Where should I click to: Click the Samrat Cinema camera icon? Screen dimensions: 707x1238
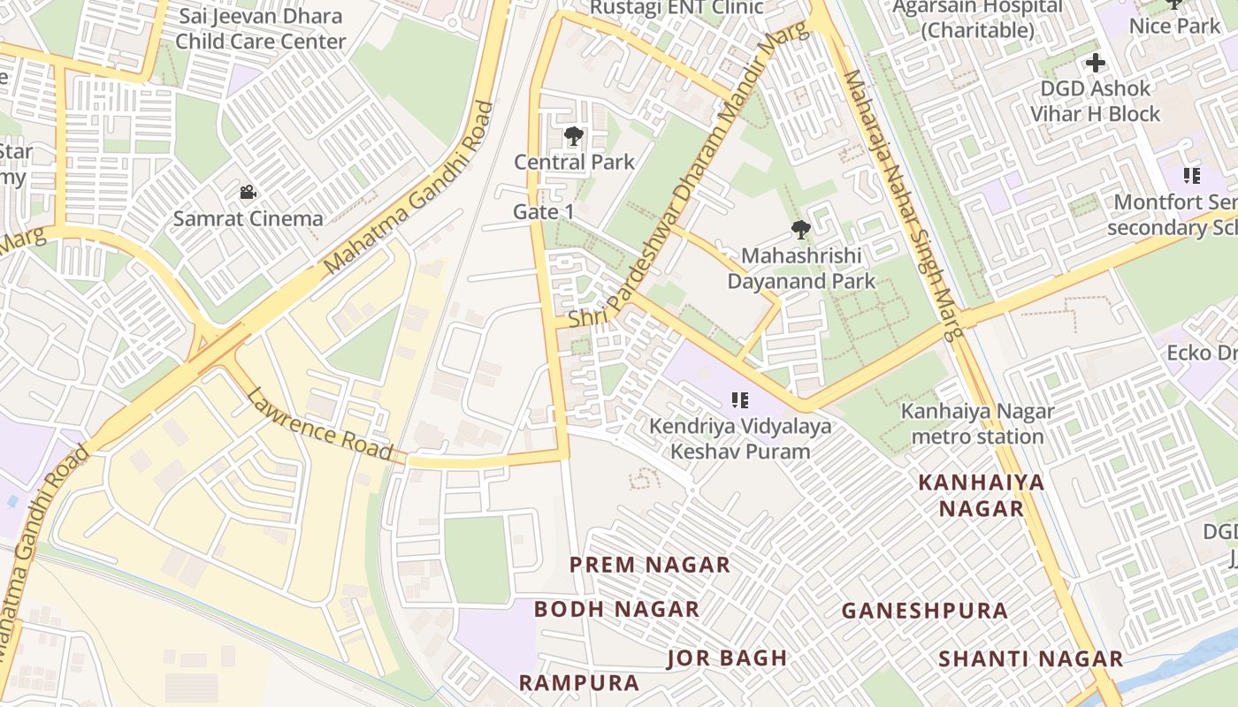(x=248, y=192)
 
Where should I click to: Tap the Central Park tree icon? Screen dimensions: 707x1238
(x=573, y=136)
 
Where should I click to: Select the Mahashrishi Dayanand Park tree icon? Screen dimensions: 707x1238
(x=800, y=230)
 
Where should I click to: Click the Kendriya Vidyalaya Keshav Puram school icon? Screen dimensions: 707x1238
(x=740, y=400)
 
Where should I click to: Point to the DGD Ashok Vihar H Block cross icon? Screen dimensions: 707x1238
(x=1096, y=63)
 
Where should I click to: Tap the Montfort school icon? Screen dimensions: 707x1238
(x=1191, y=176)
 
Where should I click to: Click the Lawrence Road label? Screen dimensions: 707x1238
(x=319, y=425)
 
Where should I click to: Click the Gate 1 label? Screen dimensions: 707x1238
(x=544, y=212)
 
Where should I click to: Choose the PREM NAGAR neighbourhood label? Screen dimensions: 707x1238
(x=650, y=565)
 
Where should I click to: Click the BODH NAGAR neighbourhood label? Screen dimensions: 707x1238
(x=616, y=609)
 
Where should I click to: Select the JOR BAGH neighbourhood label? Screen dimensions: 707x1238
(x=727, y=658)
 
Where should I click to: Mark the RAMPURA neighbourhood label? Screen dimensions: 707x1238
(x=578, y=682)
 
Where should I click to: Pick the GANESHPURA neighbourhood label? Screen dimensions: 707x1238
(x=924, y=611)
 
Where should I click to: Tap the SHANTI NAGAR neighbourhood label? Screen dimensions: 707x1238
(x=1030, y=658)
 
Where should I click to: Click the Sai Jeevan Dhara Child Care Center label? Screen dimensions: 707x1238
(x=261, y=28)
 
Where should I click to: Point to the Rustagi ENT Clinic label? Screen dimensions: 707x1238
(x=676, y=8)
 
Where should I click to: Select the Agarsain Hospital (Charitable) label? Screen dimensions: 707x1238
(x=977, y=19)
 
